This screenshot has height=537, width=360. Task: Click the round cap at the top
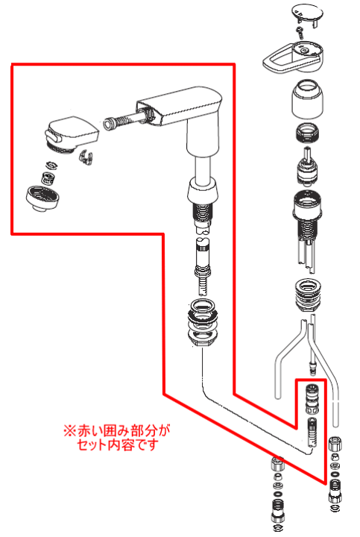pos(308,13)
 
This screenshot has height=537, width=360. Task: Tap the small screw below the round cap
pos(300,33)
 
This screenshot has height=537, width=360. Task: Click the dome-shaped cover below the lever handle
pos(307,99)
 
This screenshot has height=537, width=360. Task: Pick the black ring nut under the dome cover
pos(307,133)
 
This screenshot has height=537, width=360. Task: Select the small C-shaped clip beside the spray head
pos(86,157)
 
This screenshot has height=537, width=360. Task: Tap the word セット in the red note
pos(92,445)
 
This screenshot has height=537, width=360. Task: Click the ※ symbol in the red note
pos(70,430)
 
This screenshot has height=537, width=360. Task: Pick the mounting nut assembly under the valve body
pos(307,295)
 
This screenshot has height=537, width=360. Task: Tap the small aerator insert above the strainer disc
pos(47,178)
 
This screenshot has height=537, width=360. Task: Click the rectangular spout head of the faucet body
pos(180,105)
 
